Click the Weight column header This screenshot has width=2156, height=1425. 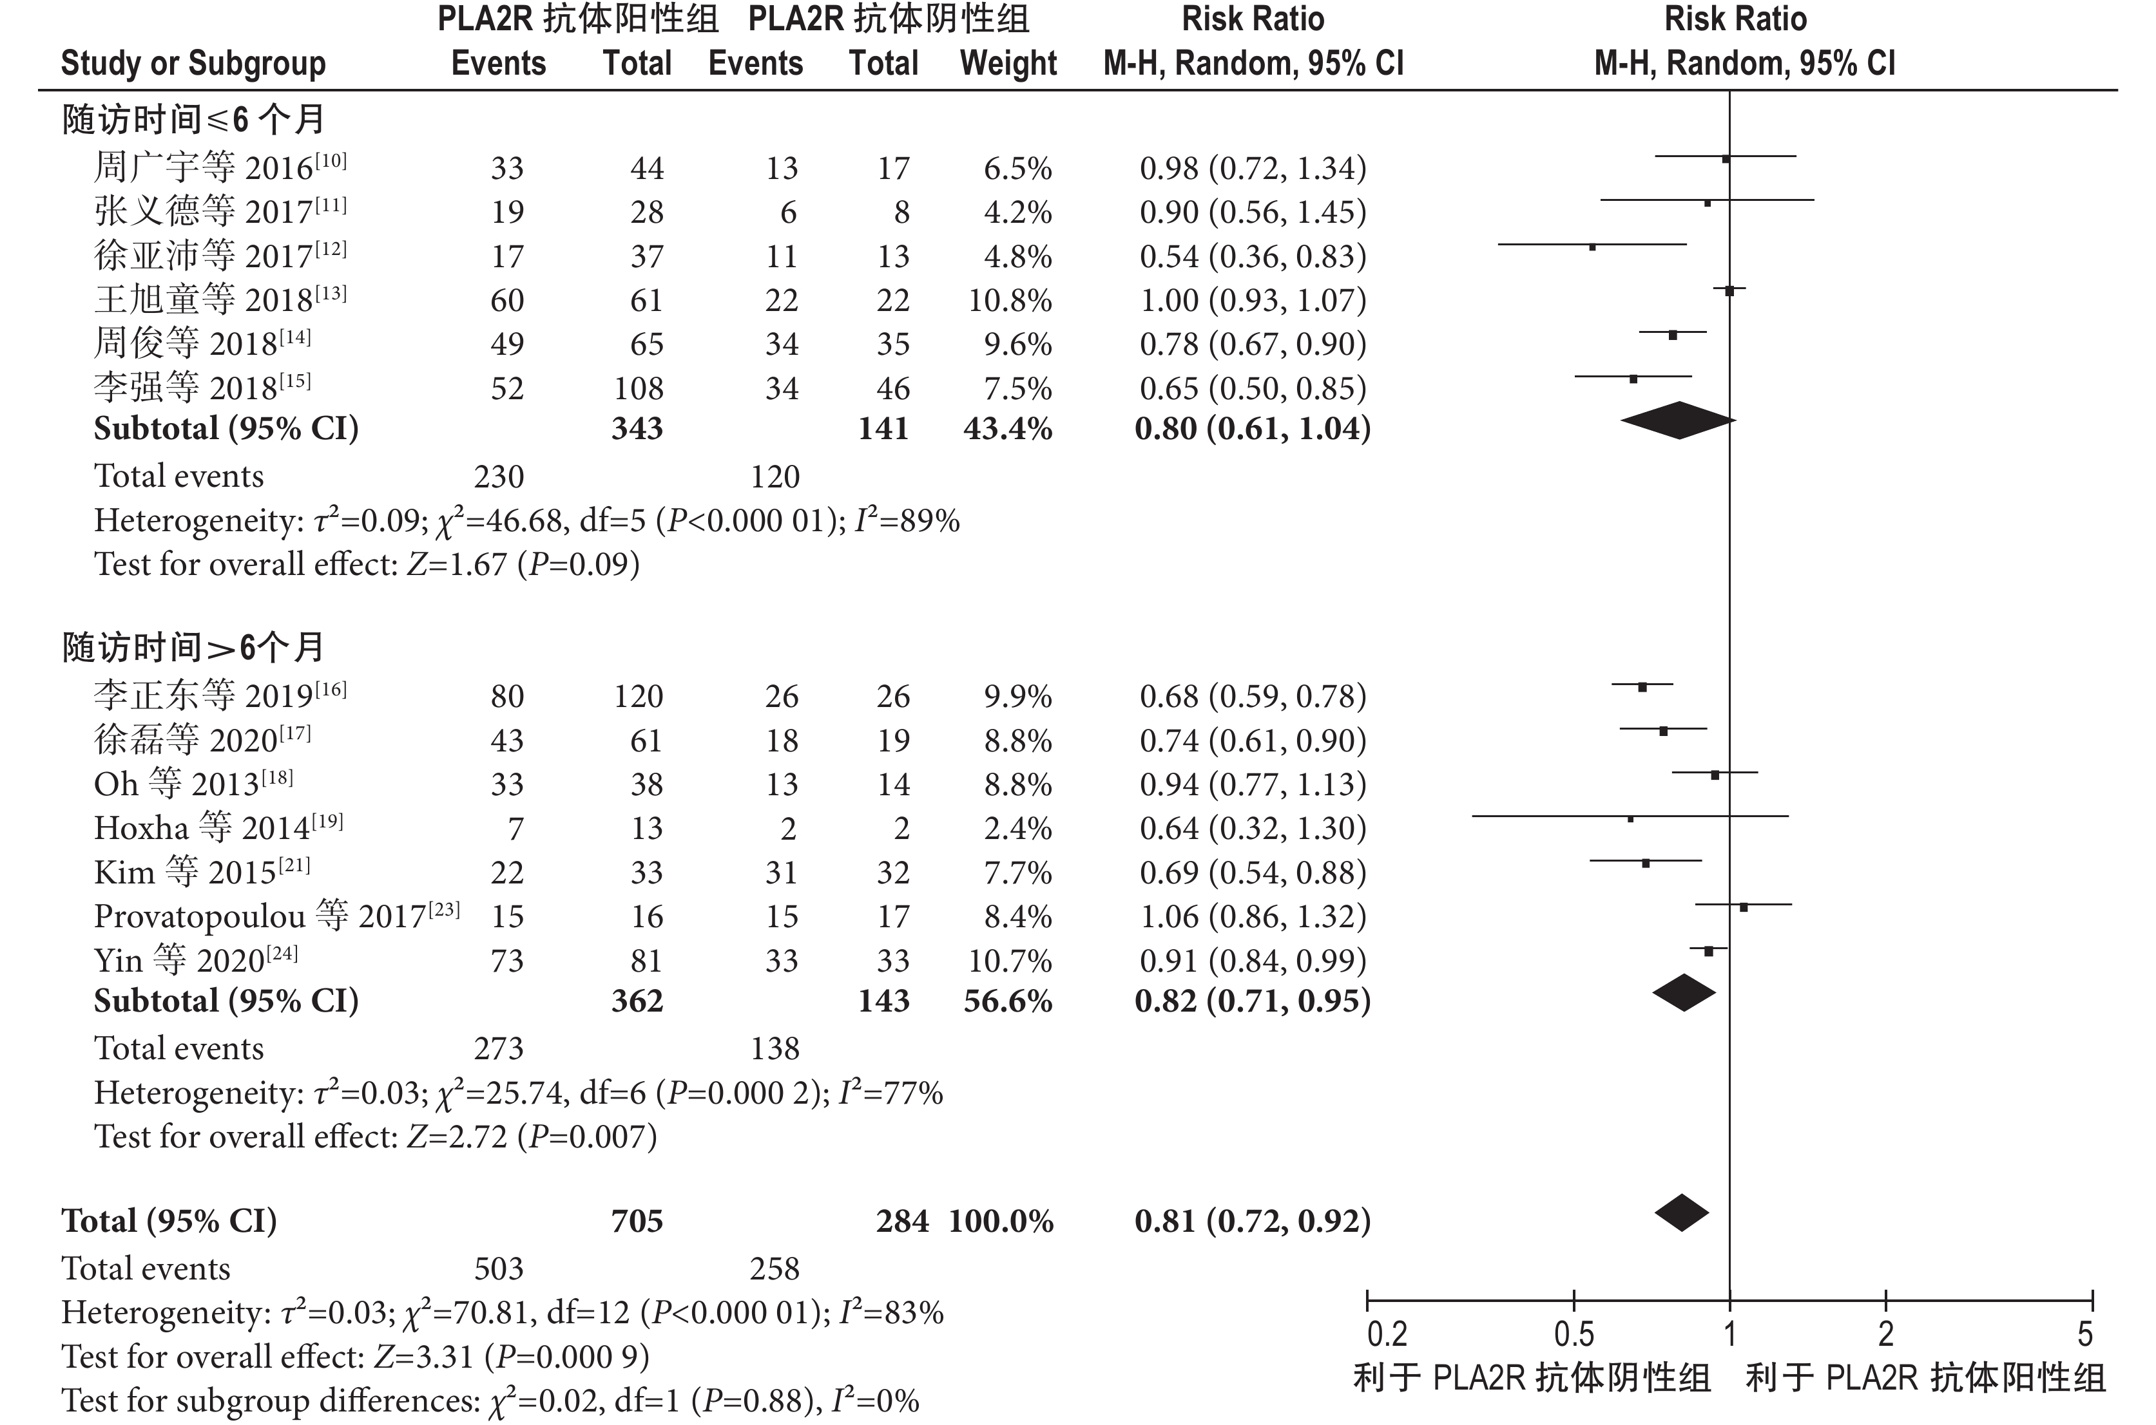point(1008,64)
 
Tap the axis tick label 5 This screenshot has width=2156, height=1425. point(2084,1334)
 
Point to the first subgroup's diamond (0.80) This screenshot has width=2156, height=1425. point(1678,420)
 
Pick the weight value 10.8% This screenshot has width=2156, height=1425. point(1009,300)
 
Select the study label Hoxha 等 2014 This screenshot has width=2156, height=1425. point(218,828)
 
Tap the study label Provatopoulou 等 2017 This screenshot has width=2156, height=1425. point(276,916)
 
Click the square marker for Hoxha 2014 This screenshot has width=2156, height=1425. point(1630,819)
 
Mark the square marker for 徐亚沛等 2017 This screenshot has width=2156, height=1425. point(1592,246)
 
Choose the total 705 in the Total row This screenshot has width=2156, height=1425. point(637,1220)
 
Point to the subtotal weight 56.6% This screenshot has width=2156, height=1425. point(1008,1001)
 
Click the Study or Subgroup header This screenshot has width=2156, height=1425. point(193,64)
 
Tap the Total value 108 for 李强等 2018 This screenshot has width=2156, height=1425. point(639,389)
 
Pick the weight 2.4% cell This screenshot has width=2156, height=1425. point(1017,828)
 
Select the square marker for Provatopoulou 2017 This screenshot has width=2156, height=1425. point(1743,907)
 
